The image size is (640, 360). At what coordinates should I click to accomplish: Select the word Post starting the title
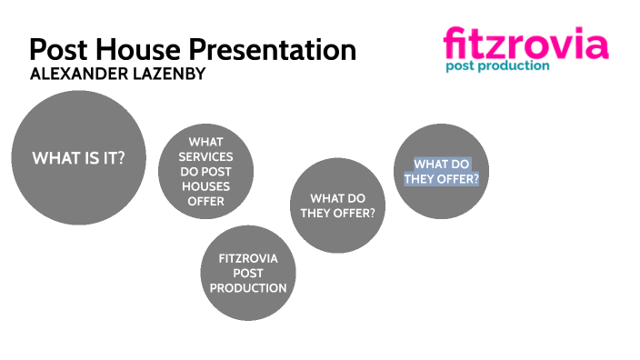[59, 49]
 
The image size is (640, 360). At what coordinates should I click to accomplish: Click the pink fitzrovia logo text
[525, 43]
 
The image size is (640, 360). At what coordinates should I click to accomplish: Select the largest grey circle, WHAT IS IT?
[78, 158]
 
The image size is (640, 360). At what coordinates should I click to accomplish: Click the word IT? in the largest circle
[110, 158]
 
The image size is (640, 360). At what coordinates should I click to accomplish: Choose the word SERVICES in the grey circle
[205, 157]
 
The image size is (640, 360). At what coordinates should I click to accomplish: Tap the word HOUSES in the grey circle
[205, 186]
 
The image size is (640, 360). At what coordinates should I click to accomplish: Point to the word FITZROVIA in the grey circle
[248, 258]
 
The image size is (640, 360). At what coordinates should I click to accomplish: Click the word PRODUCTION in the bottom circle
[248, 287]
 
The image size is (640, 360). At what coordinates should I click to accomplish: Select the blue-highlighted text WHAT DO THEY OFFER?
[443, 171]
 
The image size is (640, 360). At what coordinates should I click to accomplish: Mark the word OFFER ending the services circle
[205, 201]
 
